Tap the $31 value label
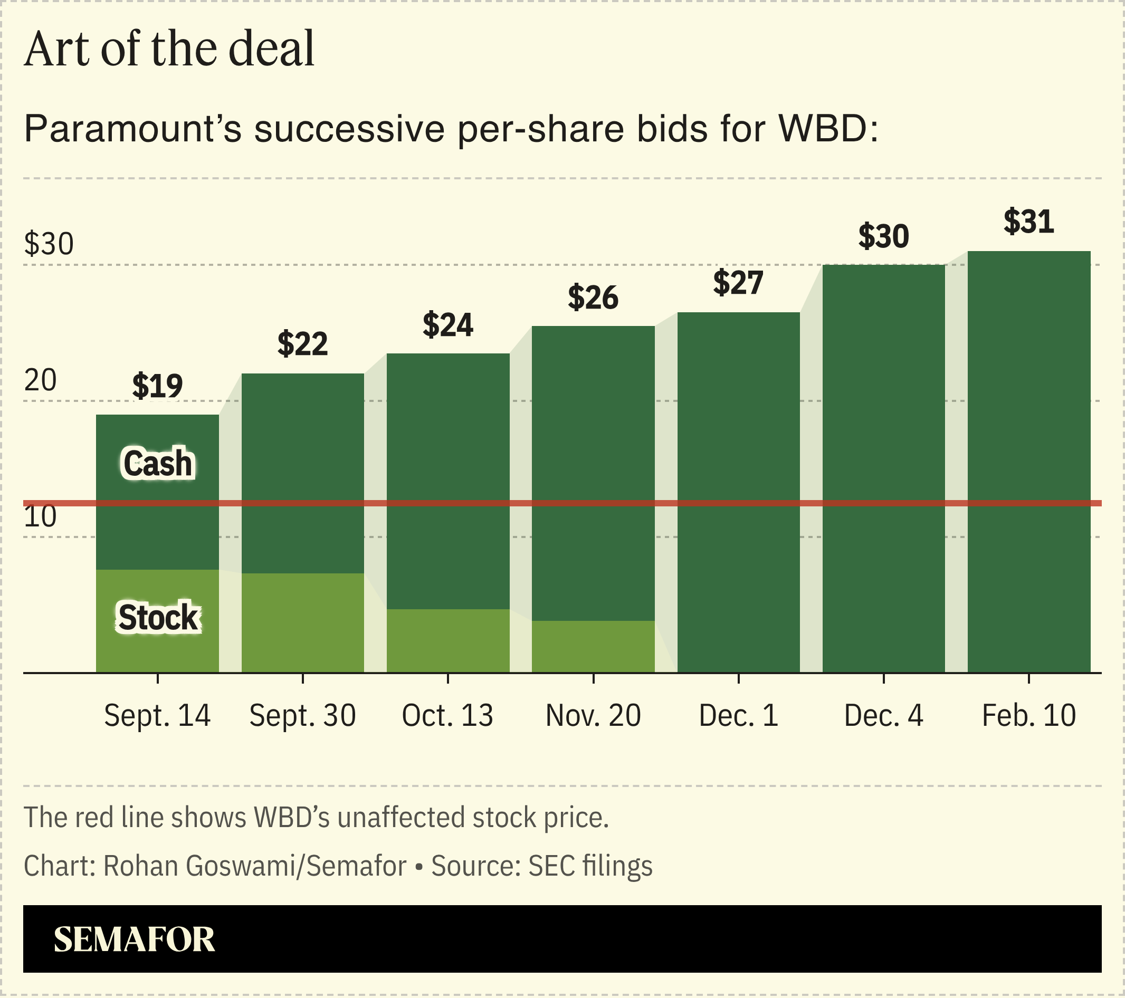point(1028,222)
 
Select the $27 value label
point(738,283)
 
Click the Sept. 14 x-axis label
point(157,716)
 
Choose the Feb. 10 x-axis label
point(1028,716)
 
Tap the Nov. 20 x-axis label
point(593,716)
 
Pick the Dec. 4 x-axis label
point(883,716)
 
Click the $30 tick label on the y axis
point(49,244)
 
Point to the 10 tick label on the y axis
point(40,516)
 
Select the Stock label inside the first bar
point(157,617)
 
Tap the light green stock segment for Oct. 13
point(447,640)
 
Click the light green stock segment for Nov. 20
point(593,647)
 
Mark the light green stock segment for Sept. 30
point(302,622)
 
